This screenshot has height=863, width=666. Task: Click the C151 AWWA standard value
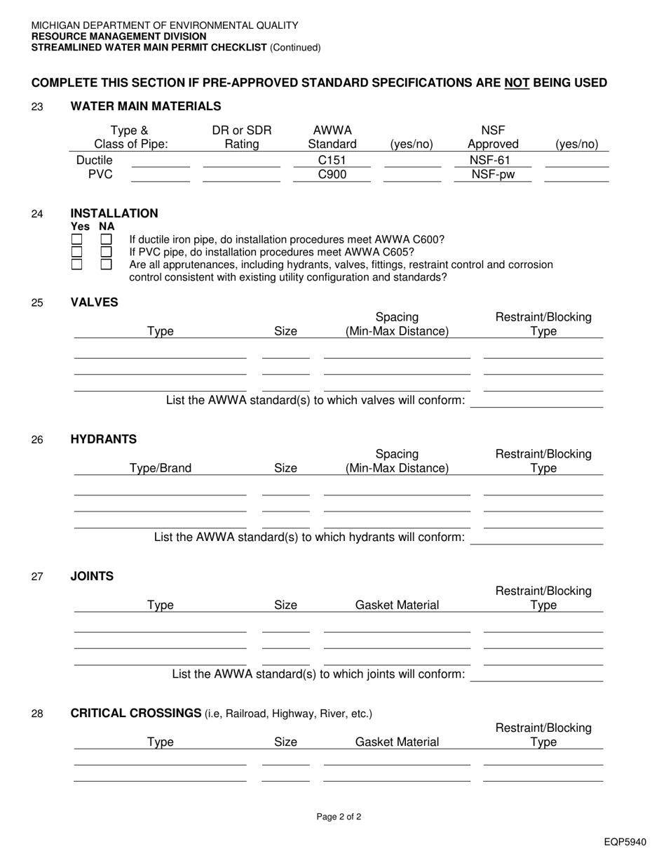332,161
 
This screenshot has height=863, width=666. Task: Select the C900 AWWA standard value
332,175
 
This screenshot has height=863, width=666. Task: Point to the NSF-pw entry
493,175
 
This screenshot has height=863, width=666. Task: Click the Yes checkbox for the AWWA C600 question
77,240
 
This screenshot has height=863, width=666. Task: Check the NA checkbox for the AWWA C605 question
106,252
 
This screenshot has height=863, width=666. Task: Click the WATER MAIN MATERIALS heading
146,107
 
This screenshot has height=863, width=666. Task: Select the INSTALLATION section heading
114,213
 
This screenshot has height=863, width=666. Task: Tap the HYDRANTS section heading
104,439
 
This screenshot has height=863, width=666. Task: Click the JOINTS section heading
92,576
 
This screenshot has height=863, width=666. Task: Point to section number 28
37,714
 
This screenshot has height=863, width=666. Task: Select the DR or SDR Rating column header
242,138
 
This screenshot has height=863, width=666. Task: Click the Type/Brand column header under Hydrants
161,468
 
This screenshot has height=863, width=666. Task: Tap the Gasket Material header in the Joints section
397,605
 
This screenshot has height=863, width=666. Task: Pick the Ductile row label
94,161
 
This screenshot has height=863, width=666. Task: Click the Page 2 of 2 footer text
339,817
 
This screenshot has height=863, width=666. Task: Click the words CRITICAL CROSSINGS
136,714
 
